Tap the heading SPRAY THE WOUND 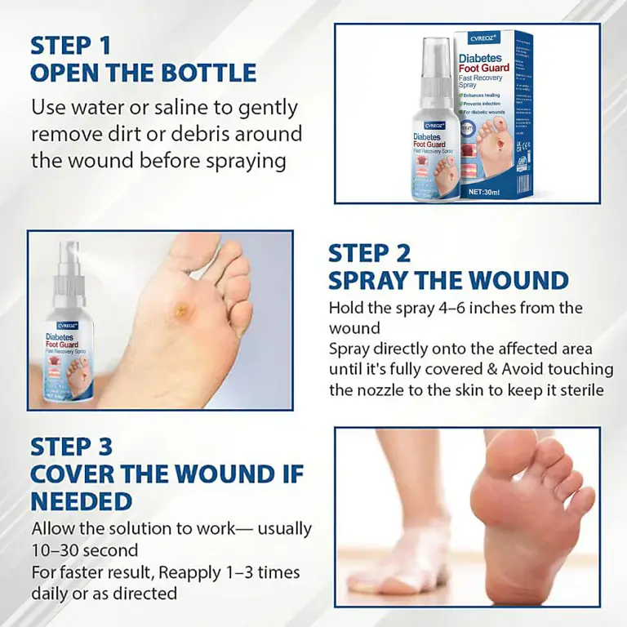pos(448,280)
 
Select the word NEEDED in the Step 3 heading pos(81,500)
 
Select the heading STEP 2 pos(369,253)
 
